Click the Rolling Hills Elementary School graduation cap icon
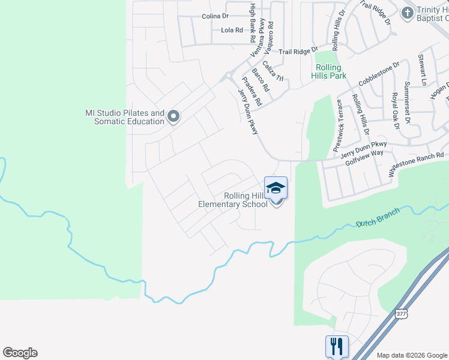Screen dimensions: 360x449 [276, 188]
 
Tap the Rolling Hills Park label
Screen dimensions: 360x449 [329, 72]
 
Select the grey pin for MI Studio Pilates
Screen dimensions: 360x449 [173, 116]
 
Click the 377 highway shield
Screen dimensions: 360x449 [402, 314]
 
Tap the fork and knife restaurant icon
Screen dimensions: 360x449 [336, 347]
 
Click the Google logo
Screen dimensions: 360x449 [20, 353]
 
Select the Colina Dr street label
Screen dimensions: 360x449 [215, 16]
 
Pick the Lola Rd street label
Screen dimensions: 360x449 [232, 30]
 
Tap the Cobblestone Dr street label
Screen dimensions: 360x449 [379, 74]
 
